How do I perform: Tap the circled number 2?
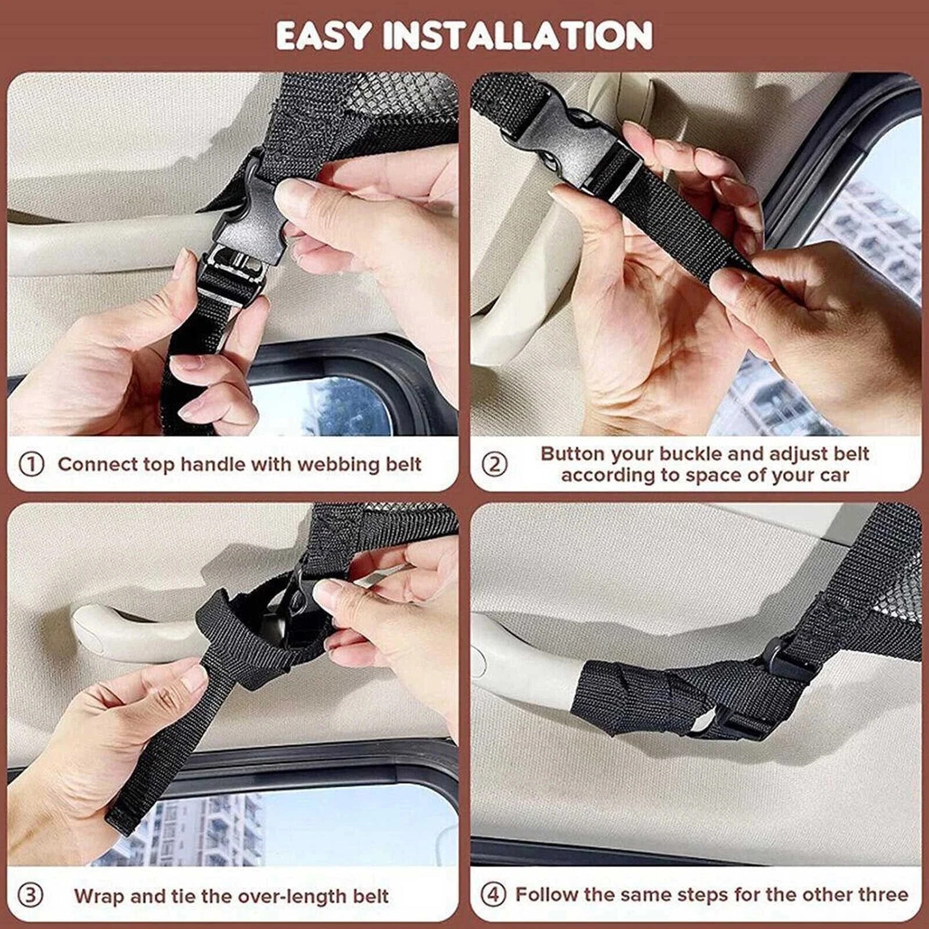495,464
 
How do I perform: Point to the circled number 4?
494,894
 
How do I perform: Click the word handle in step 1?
213,464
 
